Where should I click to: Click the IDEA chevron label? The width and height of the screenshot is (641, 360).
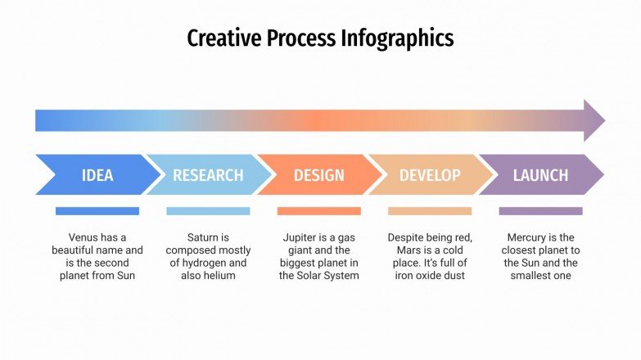pos(97,175)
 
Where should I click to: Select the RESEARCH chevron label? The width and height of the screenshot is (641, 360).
pos(208,175)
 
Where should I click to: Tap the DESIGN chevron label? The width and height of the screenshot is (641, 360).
pos(318,175)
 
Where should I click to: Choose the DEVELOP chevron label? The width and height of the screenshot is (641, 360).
pos(430,175)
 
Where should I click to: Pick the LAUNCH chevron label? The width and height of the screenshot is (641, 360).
pos(540,175)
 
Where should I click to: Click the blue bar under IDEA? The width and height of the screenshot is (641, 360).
pos(97,211)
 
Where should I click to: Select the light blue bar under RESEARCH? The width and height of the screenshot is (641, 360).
pos(208,211)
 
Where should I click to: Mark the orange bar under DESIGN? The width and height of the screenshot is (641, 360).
pos(318,211)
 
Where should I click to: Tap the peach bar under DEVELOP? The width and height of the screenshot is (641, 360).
pos(430,211)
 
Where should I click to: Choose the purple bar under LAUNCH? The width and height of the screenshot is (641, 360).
pos(540,211)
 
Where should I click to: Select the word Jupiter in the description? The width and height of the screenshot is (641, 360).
pos(300,237)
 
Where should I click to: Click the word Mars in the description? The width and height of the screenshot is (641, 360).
pos(401,250)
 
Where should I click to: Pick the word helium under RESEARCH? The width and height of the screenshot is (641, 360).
pos(219,276)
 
